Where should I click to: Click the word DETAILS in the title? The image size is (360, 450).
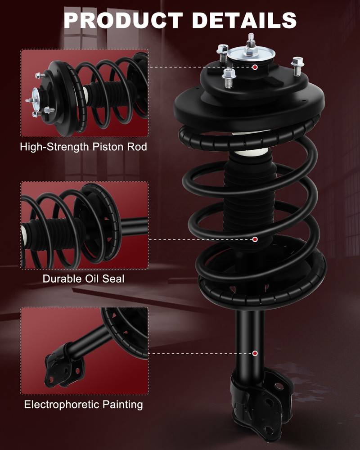245,20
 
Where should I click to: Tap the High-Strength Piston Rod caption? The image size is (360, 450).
84,147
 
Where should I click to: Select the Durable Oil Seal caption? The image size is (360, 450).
84,279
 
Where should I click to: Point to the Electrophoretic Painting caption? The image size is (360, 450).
84,405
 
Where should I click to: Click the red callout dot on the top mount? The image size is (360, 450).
255,67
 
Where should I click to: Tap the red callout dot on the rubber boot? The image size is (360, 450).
255,239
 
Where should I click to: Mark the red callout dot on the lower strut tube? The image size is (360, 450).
255,354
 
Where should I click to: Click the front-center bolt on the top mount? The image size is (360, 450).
229,77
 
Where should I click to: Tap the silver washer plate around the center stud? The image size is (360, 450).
250,57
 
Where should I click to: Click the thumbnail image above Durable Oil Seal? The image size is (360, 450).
85,225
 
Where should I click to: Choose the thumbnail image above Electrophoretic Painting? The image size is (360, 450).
85,351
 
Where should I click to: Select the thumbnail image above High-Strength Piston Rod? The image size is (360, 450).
85,93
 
